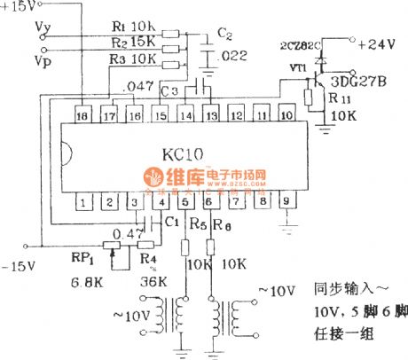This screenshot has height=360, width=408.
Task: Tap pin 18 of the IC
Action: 82,116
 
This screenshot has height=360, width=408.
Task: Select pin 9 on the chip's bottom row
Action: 286,202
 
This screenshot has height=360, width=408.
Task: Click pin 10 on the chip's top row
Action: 286,116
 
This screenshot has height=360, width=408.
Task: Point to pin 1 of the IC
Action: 82,202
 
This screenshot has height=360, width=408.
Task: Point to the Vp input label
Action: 40,61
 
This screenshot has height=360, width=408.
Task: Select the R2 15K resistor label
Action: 138,41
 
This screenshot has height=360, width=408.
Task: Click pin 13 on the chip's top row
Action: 210,116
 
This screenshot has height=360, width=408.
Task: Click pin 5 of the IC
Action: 184,202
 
